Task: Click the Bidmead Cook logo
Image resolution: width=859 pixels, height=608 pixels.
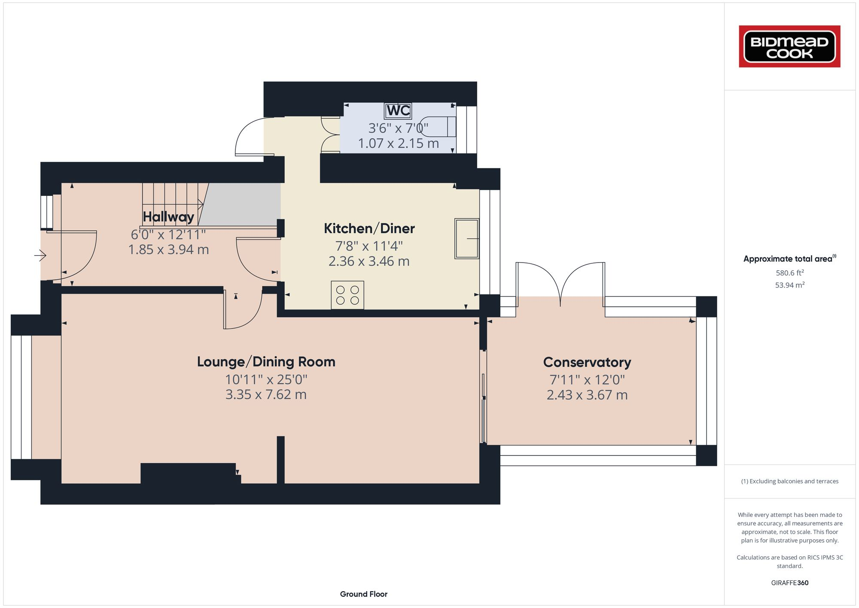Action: [x=789, y=46]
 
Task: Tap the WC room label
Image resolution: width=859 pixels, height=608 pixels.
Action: [x=398, y=111]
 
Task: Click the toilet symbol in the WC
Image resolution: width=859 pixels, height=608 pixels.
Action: [x=438, y=126]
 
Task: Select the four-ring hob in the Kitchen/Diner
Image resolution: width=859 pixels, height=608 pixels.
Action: [x=347, y=295]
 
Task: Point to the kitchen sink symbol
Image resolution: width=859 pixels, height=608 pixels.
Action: [x=466, y=238]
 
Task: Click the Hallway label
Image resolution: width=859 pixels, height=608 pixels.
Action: [x=168, y=217]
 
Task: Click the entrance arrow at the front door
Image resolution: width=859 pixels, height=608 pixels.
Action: [x=40, y=256]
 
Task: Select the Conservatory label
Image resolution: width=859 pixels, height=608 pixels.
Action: [x=587, y=362]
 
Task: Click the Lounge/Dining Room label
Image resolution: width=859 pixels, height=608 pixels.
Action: [x=266, y=362]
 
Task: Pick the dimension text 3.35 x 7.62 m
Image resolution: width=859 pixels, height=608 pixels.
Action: [x=266, y=394]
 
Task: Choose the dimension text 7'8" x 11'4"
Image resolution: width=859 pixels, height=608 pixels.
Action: [x=369, y=246]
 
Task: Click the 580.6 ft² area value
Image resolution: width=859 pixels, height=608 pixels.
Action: [x=789, y=273]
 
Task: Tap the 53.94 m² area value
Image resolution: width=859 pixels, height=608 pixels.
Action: [x=789, y=285]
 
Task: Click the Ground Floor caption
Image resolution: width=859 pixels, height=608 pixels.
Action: [x=363, y=594]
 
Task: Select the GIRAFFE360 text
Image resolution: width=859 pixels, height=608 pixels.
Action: [x=789, y=583]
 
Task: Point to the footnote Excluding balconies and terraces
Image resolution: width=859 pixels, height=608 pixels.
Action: [x=789, y=481]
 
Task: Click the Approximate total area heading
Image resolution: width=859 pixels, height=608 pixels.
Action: [x=789, y=259]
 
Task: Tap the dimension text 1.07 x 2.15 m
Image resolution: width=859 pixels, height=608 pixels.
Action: [x=398, y=143]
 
